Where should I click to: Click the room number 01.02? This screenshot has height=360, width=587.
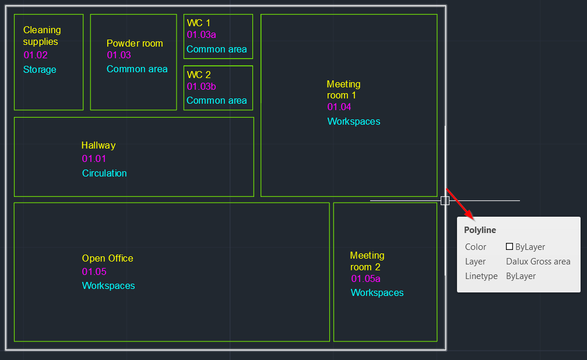(36, 55)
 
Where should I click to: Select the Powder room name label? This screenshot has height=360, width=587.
(135, 44)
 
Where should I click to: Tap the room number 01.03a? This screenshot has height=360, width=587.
(201, 35)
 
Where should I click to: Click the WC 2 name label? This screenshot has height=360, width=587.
(199, 75)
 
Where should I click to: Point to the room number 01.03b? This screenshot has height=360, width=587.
(201, 87)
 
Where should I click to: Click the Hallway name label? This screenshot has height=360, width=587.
(99, 146)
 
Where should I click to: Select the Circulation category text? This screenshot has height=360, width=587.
(104, 173)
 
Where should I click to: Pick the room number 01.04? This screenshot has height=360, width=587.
(339, 107)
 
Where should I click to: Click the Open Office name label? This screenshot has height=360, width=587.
(107, 259)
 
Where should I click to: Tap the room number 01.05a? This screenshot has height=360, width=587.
(365, 279)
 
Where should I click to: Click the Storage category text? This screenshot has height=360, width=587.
(40, 70)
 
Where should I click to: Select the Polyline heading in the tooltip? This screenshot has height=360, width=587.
(480, 230)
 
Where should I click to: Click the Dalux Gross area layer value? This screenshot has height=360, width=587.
(538, 262)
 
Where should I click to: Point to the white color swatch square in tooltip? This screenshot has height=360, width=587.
(509, 246)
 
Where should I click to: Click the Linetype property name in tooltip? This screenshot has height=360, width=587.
(481, 276)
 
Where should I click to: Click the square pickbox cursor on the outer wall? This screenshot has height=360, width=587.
(445, 200)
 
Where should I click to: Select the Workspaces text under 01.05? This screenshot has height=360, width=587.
(108, 286)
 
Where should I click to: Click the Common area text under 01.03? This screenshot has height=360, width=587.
(137, 69)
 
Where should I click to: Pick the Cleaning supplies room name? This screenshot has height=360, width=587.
(41, 36)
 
